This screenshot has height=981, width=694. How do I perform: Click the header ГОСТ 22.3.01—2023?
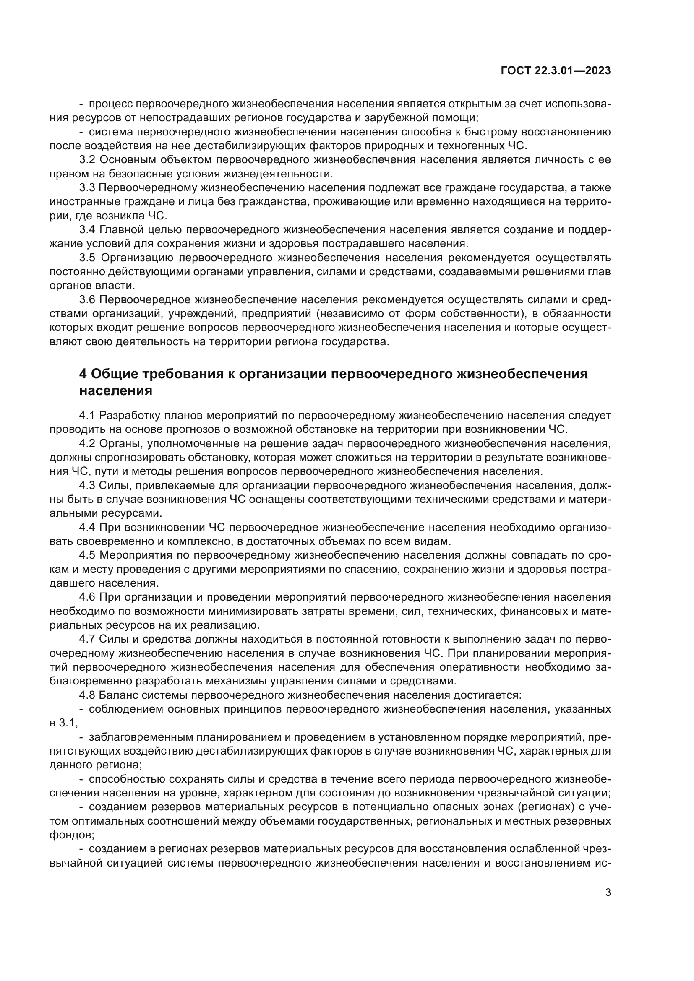[x=555, y=71]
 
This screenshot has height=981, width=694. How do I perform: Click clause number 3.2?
[x=88, y=160]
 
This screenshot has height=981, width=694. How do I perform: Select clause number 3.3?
[x=88, y=187]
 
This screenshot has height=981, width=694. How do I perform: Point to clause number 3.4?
[x=88, y=230]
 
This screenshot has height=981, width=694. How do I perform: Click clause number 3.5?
[x=88, y=258]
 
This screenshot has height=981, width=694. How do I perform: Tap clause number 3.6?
[x=88, y=300]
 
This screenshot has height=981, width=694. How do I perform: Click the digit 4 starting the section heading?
[x=83, y=374]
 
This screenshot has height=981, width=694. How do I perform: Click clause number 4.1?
[x=88, y=415]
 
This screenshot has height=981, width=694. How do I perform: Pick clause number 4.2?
[x=88, y=443]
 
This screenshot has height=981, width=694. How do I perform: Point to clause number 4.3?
[x=88, y=485]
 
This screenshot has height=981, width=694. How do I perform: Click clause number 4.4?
[x=88, y=527]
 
